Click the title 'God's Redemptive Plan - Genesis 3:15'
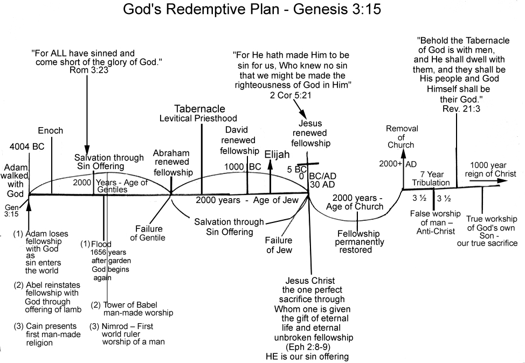click(262, 10)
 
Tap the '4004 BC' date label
click(27, 146)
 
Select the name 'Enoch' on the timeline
click(51, 131)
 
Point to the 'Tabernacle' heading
click(199, 109)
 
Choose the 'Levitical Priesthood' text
click(198, 118)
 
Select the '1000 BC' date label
click(243, 167)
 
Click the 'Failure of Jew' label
click(279, 245)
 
